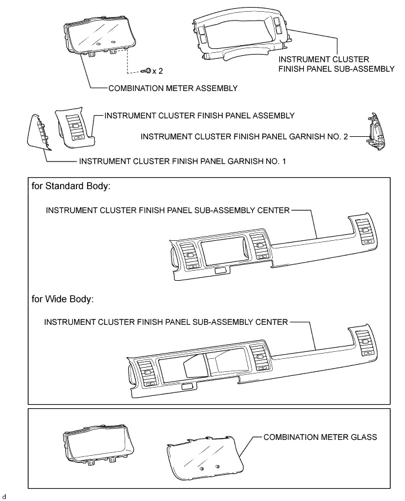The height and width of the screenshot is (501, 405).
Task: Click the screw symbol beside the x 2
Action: coord(146,70)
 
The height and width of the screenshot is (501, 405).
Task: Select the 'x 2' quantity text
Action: coord(158,71)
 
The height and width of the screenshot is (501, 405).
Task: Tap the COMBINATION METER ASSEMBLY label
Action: coord(172,88)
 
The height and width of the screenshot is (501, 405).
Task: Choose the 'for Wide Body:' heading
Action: coord(62,298)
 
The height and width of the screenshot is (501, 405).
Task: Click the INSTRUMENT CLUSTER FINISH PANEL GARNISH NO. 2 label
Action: coord(244,136)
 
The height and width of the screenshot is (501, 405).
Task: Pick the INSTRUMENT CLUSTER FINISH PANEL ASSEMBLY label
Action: coord(199,116)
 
